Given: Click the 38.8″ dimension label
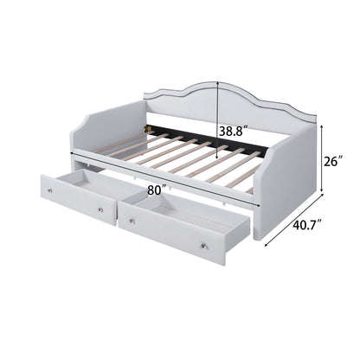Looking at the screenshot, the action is tap(234, 132).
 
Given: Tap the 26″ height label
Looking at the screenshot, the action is tap(334, 161).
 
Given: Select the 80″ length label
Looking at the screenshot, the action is tap(157, 190).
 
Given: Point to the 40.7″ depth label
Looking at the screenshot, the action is tap(307, 224).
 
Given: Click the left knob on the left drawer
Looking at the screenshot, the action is tap(50, 190).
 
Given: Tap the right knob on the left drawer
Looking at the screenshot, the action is tap(100, 210).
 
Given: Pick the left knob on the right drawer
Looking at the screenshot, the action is tap(132, 221).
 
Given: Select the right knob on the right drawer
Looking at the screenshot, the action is tap(204, 246).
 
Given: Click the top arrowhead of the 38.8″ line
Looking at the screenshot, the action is tap(217, 83).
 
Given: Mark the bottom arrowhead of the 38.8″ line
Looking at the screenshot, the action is tap(217, 157).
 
